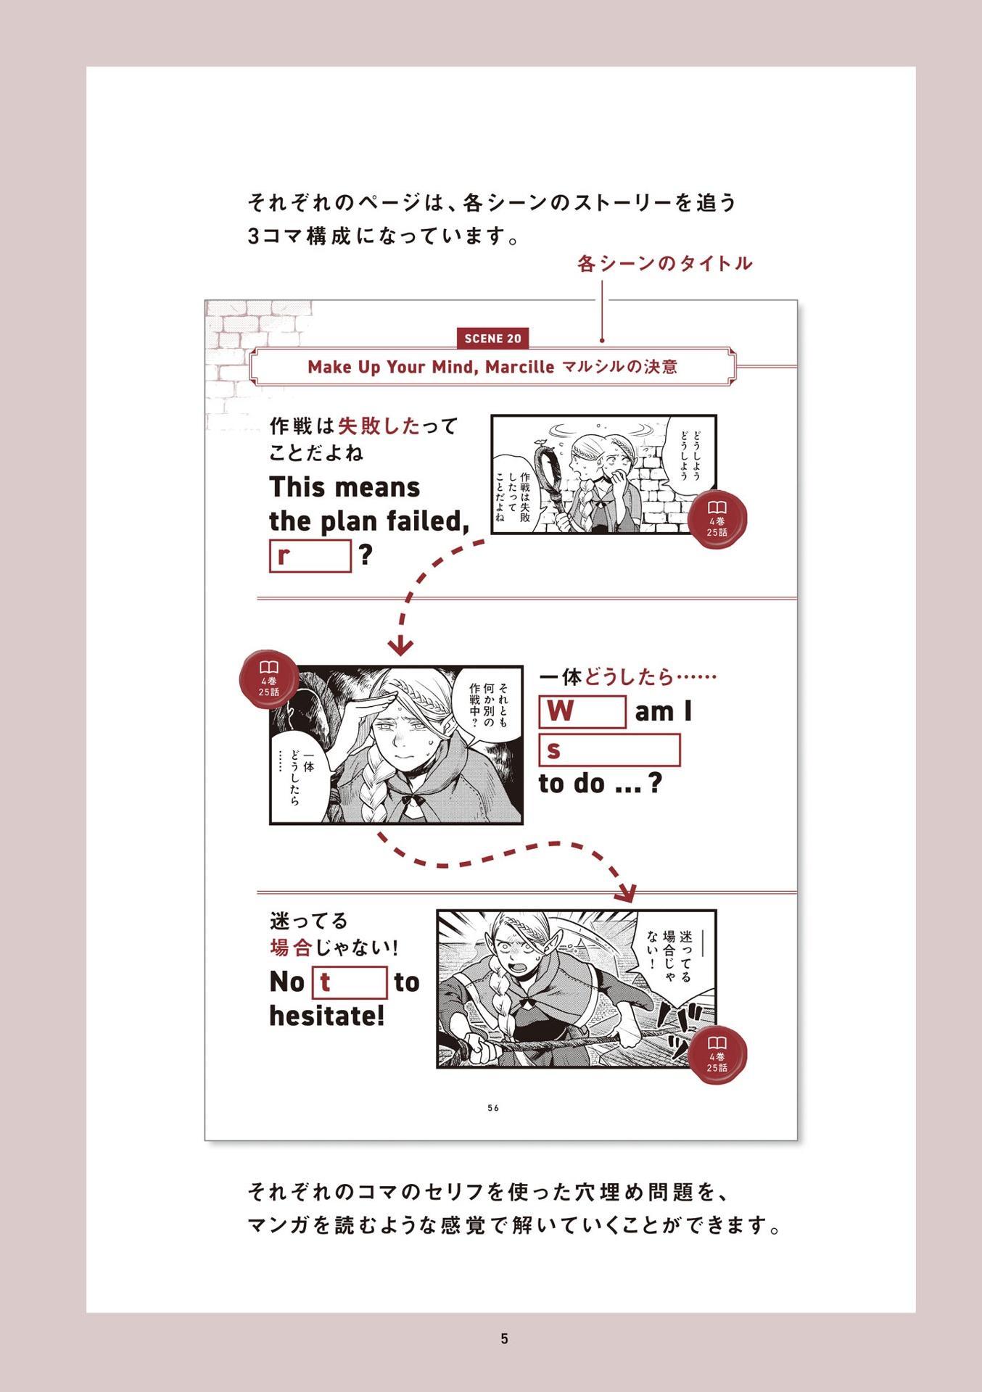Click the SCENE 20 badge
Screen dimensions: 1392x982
tap(492, 339)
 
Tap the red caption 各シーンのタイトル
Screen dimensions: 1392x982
tap(664, 263)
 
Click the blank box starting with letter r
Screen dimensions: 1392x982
tap(310, 556)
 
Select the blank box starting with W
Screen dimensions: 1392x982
tap(582, 712)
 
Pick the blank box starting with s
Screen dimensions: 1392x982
tap(609, 750)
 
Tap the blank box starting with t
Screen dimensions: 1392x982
tap(350, 982)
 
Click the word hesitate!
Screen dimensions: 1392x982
tap(326, 1016)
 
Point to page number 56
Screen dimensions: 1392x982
tap(493, 1108)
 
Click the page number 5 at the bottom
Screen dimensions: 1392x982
tap(504, 1339)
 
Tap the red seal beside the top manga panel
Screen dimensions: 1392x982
tap(717, 519)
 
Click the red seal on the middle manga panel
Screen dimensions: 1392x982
tap(269, 679)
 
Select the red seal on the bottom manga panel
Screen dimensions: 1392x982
tap(717, 1055)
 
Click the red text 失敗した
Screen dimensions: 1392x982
tap(379, 426)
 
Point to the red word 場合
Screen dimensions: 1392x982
tap(291, 948)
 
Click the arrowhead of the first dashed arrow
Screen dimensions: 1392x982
tap(400, 645)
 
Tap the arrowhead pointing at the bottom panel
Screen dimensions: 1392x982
tap(625, 892)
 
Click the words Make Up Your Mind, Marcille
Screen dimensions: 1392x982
tap(431, 367)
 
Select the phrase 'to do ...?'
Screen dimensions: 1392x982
tap(600, 784)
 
